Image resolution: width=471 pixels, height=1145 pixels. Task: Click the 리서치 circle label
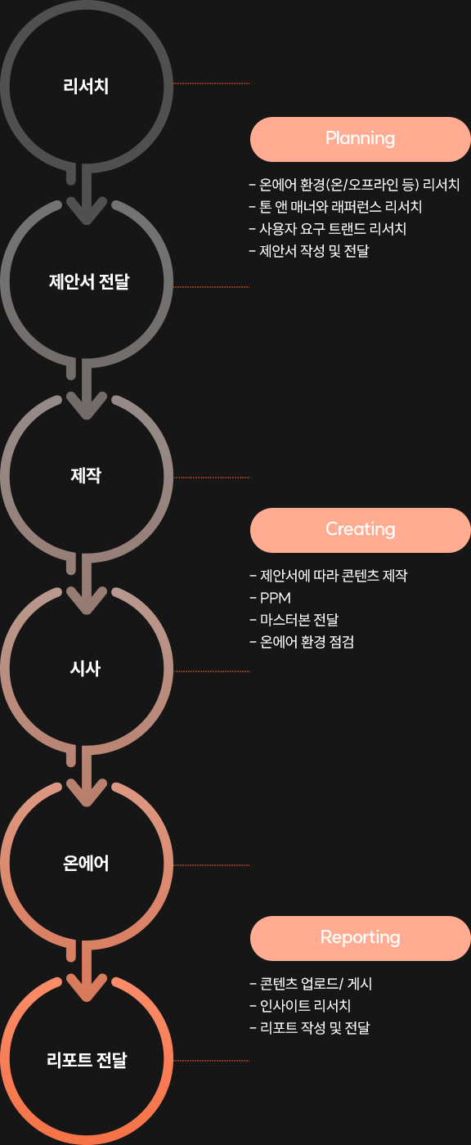tap(86, 86)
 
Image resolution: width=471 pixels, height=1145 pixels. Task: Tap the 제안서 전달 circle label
tap(89, 281)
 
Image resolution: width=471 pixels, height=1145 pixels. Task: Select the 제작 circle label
tap(86, 475)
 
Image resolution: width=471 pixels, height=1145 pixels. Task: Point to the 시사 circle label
tap(85, 669)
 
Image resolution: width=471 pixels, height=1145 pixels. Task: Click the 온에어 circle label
tap(86, 864)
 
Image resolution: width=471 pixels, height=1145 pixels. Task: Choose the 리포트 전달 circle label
tap(87, 1060)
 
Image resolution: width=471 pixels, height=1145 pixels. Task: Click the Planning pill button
tap(360, 139)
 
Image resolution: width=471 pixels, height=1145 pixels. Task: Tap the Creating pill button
tap(360, 530)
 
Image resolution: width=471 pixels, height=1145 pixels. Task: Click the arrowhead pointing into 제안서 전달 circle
tap(87, 211)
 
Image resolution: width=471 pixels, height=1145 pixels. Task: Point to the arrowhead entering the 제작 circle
tap(87, 406)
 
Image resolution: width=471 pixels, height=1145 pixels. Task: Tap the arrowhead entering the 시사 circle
tap(87, 600)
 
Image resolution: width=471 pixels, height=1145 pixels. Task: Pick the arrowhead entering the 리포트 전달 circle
tap(87, 988)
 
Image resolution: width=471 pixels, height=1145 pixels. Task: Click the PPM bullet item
tap(270, 598)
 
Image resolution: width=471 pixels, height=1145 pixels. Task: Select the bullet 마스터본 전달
tap(294, 620)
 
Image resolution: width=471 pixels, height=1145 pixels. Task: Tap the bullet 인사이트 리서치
tap(300, 1006)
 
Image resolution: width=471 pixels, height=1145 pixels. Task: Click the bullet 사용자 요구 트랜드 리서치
tap(328, 228)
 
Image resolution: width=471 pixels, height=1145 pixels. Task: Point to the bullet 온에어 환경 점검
tap(302, 642)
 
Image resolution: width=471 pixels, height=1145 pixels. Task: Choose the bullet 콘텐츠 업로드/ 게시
tap(311, 983)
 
